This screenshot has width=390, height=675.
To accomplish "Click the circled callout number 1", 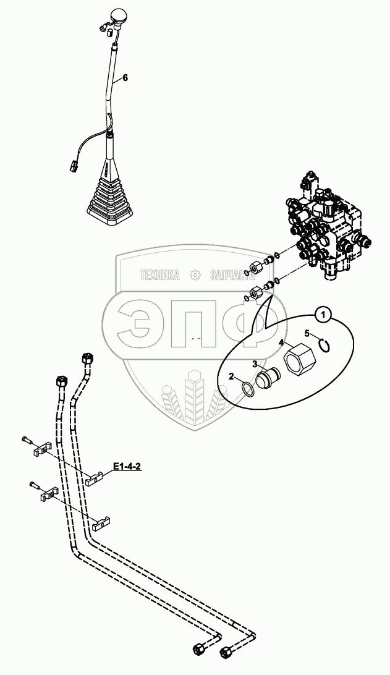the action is tap(324, 315).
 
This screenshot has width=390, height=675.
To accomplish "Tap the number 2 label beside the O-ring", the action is tap(232, 376).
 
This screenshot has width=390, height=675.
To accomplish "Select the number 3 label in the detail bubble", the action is tap(255, 364).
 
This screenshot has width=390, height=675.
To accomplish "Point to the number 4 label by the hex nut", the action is tap(281, 342).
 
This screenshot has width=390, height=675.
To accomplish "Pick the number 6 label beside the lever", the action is tap(125, 77).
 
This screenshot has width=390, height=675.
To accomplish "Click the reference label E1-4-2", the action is tap(127, 467).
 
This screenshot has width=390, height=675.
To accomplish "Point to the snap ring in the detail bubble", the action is tap(325, 344).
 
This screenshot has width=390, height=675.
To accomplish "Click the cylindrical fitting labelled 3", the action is tap(267, 378).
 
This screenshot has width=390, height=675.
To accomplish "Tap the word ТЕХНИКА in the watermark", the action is tap(159, 275).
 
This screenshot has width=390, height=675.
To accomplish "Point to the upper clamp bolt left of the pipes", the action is tap(27, 440).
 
